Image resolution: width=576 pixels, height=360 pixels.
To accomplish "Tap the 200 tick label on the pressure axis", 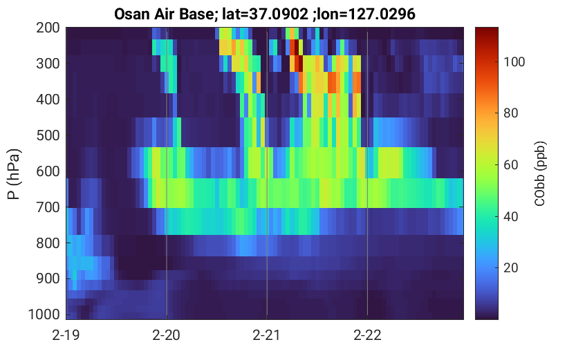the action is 48,28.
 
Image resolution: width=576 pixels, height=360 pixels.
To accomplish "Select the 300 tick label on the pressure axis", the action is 48,64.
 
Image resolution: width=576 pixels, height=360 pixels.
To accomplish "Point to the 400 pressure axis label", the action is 48,100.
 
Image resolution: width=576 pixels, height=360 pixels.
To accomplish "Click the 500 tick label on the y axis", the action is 48,135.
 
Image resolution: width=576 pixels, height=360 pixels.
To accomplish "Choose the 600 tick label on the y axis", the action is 48,171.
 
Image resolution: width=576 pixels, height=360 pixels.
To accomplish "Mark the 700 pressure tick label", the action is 48,207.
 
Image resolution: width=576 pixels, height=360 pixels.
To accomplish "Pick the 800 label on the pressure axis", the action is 48,243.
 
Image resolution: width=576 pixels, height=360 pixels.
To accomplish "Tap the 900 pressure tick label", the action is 48,279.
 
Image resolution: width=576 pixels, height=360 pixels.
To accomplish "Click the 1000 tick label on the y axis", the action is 44,314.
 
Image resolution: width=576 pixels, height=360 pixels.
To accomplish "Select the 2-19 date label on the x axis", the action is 66,335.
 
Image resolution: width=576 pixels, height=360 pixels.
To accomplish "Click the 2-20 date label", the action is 166,335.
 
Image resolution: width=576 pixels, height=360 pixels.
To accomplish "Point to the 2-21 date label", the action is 266,335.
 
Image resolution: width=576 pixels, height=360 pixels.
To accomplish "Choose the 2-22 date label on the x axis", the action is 367,335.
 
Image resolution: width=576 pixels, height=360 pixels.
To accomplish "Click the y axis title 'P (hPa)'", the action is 14,174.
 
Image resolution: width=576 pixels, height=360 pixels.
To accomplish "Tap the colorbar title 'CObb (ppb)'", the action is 539,173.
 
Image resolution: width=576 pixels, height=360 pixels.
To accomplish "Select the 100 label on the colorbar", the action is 514,62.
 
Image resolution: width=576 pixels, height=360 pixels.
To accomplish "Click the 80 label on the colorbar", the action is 510,113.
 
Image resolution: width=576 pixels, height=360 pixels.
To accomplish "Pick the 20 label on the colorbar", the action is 510,268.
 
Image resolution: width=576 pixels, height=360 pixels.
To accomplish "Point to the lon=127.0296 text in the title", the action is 366,15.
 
